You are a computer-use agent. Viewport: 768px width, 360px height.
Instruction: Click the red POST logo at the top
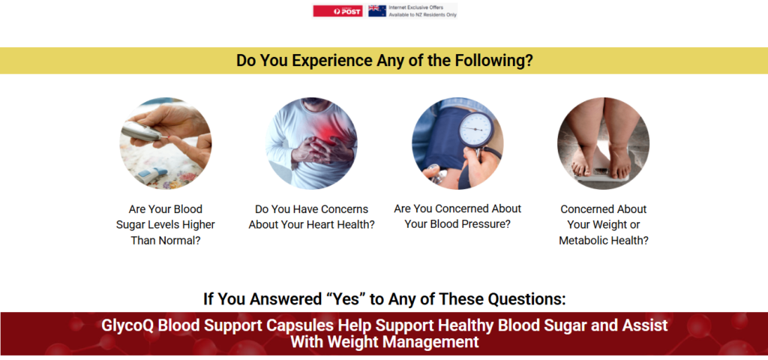click(338, 10)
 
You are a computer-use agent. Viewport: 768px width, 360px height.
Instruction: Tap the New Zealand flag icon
click(377, 10)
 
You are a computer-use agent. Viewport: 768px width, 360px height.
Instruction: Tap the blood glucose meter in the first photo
click(142, 130)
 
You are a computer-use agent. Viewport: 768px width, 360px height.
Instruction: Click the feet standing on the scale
click(602, 157)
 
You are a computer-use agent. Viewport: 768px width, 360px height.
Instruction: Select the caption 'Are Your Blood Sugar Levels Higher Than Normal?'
click(166, 225)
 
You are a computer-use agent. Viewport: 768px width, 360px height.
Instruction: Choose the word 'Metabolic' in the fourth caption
click(583, 241)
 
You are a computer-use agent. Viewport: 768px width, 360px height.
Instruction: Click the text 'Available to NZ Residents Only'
click(423, 15)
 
